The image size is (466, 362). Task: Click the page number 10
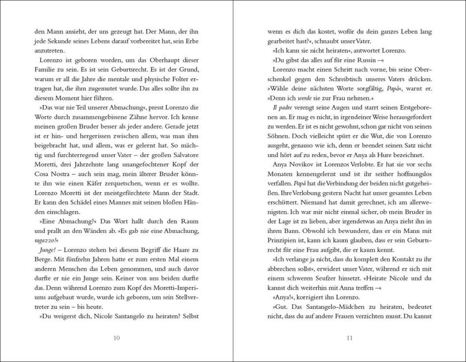[116, 337]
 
